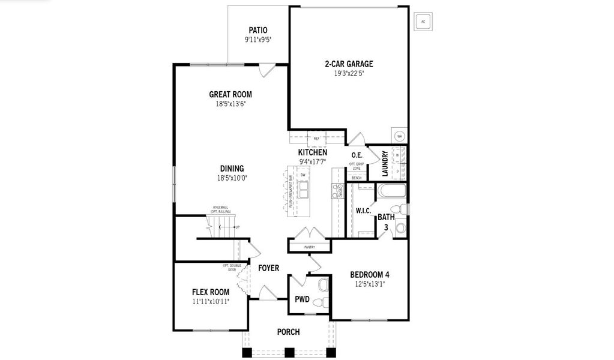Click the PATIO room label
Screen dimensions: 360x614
257,31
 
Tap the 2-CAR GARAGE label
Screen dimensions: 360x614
349,64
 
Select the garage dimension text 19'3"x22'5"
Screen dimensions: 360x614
349,73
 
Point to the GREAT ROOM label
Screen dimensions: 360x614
230,94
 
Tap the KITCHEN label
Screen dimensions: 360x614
313,153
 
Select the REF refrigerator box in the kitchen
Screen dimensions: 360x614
316,139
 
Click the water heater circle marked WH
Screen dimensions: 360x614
399,136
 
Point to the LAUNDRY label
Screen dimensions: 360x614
385,163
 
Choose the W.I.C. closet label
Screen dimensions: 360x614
363,211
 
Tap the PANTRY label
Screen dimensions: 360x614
310,247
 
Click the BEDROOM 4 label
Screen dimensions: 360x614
370,275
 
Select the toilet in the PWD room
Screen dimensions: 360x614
324,286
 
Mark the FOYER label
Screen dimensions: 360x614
268,268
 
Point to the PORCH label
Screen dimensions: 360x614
288,332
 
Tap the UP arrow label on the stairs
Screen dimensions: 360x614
237,227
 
